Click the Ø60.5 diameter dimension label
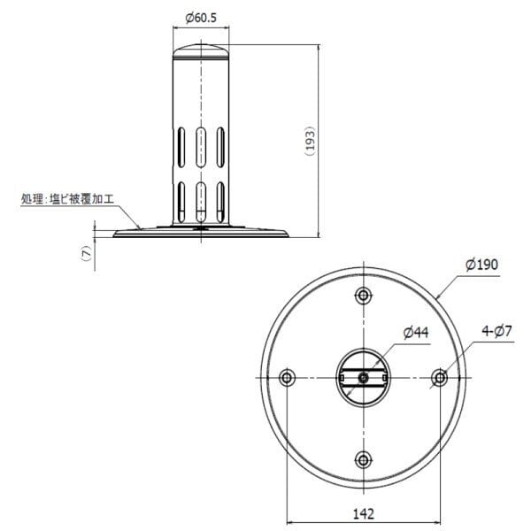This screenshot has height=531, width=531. pos(201,18)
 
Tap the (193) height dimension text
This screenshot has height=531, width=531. pos(310,141)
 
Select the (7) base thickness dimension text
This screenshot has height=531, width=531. pos(87,253)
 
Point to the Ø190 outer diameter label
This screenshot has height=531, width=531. pos(481,265)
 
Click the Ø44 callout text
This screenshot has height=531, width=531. pos(416,333)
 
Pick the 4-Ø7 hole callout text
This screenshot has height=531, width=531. pos(496,331)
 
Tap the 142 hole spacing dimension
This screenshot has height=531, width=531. pos(364,513)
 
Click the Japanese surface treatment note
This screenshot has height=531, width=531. pos(68,199)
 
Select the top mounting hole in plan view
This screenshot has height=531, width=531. pos(363,296)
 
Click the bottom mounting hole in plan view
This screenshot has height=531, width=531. pos(363,460)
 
